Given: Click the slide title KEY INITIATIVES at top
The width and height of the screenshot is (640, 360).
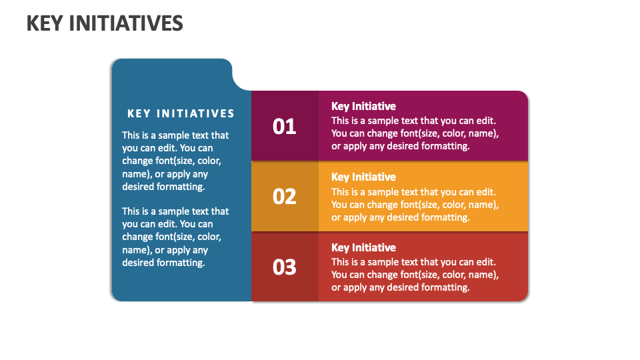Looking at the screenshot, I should click(105, 23).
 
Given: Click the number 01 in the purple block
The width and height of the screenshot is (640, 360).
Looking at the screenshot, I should click(285, 126).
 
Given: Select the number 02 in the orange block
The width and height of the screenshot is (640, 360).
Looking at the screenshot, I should click(285, 197).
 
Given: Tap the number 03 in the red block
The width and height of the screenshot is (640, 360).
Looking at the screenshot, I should click(285, 267).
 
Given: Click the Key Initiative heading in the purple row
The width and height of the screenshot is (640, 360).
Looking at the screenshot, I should click(363, 106).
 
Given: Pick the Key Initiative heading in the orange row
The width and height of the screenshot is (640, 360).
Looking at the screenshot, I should click(363, 177).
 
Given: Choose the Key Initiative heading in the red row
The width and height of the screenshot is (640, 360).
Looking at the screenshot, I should click(363, 247).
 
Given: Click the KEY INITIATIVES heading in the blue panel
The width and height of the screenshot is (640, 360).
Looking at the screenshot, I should click(181, 114).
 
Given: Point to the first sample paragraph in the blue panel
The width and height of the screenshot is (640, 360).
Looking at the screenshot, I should click(175, 161).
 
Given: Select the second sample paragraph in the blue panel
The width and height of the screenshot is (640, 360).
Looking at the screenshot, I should click(175, 237).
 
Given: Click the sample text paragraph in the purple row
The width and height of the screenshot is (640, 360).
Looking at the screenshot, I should click(415, 133).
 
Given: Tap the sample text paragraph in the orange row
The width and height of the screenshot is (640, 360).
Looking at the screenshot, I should click(415, 204).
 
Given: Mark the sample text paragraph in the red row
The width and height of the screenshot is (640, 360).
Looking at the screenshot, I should click(415, 275).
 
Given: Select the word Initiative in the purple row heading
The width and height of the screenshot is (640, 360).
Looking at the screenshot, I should click(373, 106).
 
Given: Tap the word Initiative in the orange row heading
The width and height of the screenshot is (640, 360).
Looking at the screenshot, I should click(373, 177).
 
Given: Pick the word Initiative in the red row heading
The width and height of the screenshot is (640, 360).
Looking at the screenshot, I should click(373, 247).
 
